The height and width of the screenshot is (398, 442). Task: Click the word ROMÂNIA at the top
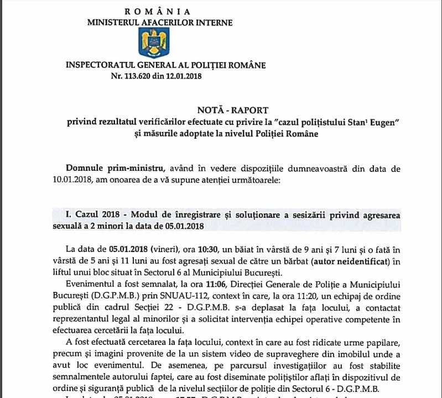click(x=158, y=12)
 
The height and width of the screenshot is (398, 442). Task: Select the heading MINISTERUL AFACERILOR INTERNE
click(x=160, y=23)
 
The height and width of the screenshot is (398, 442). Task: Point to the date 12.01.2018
click(x=182, y=75)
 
